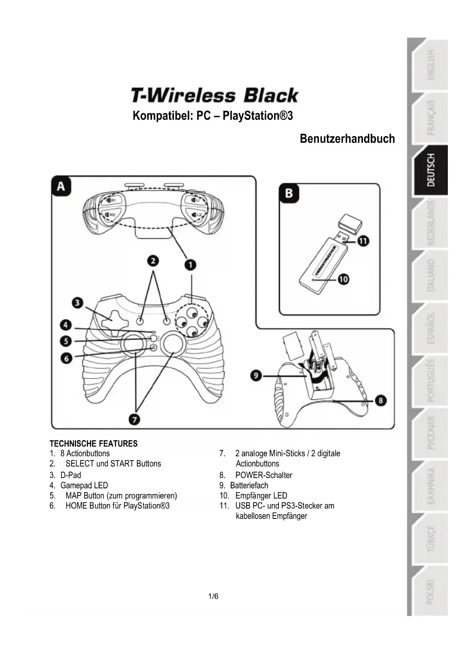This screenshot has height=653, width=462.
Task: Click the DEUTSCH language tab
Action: click(x=430, y=170)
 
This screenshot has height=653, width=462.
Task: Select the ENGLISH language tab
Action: click(x=430, y=65)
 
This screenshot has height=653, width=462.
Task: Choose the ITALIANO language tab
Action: click(x=430, y=275)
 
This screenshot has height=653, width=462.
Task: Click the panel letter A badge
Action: click(x=61, y=186)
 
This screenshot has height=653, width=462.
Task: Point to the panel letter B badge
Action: click(x=289, y=193)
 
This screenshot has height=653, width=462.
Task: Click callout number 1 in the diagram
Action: click(x=190, y=265)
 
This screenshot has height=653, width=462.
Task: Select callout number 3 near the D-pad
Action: click(x=77, y=303)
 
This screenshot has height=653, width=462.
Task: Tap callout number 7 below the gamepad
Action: click(x=134, y=420)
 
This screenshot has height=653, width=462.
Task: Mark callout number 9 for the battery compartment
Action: click(x=256, y=375)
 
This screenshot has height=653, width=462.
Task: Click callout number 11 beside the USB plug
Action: click(x=363, y=241)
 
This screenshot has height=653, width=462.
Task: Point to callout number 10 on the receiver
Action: click(x=343, y=279)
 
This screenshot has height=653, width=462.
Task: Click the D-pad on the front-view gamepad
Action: click(x=111, y=320)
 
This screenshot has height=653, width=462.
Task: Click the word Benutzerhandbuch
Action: click(x=347, y=139)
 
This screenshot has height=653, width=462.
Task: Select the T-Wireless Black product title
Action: click(x=214, y=96)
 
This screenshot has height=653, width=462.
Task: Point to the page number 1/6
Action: click(x=213, y=596)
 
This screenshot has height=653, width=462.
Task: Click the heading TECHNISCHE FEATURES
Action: click(x=93, y=443)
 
